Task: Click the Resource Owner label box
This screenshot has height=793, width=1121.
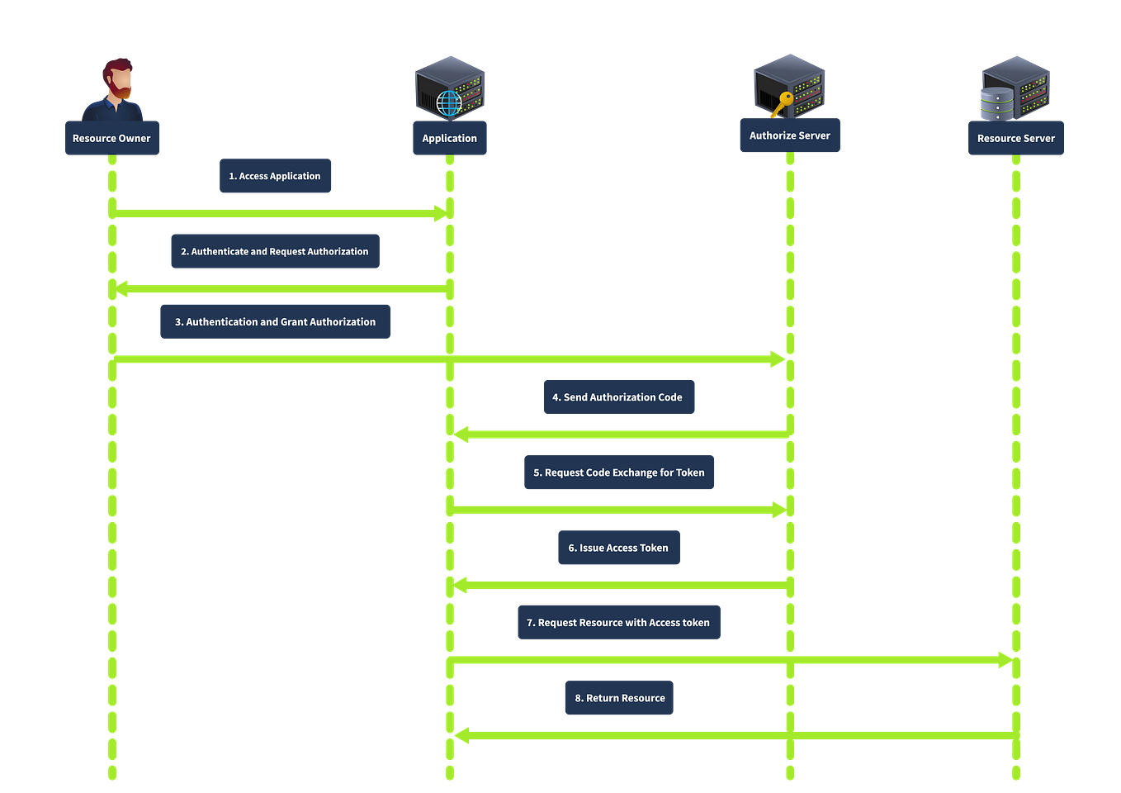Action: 111,138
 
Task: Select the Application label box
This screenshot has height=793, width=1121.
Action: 449,138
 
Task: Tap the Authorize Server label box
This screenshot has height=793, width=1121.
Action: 789,135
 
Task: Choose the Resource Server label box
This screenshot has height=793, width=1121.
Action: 1015,138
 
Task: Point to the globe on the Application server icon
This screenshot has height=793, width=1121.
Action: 449,103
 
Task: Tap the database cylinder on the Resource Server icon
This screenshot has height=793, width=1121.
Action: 995,104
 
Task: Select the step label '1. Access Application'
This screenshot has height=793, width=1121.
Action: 275,176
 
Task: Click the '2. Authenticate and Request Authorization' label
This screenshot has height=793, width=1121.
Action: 274,251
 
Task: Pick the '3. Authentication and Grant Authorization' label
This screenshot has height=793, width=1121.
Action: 275,322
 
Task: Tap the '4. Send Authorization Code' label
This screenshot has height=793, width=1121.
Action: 618,397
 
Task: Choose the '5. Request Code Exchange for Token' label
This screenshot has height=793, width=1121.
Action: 618,472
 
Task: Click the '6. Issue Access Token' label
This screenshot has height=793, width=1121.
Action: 618,548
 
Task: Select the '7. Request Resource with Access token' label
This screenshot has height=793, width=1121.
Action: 618,623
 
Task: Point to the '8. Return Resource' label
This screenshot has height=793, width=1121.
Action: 619,698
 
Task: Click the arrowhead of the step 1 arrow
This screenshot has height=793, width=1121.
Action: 438,213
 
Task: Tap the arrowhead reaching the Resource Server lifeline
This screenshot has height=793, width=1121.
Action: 1004,660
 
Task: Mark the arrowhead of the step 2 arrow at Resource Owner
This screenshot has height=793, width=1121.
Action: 122,289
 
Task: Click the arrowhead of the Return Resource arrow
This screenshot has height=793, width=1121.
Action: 461,735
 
